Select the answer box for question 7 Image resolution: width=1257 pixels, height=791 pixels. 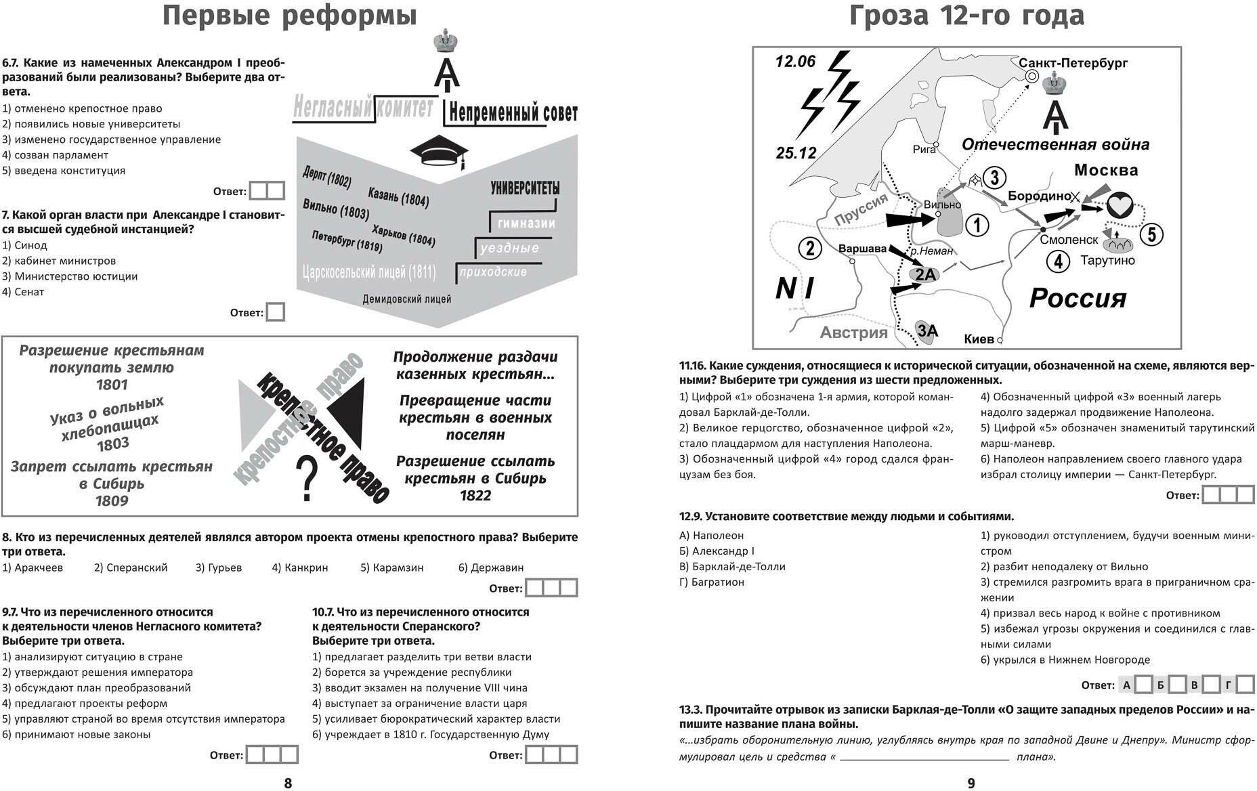click(276, 312)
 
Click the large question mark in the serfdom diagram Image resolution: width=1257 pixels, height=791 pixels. click(307, 479)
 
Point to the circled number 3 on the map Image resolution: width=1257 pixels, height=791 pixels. click(994, 177)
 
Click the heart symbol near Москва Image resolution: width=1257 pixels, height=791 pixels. click(1120, 205)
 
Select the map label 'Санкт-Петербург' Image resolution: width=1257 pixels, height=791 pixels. click(1073, 63)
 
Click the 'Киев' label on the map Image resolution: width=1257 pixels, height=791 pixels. click(979, 339)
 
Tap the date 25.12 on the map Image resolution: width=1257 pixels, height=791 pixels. click(796, 153)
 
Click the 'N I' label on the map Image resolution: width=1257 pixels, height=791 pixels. click(794, 288)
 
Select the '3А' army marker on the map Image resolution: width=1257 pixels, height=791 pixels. click(926, 330)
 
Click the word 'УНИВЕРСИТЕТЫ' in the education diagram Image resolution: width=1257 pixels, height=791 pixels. click(525, 188)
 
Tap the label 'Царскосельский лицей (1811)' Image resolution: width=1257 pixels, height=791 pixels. click(369, 273)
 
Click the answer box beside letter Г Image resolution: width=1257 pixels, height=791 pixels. click(1245, 685)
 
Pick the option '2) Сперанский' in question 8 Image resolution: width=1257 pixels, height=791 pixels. click(131, 568)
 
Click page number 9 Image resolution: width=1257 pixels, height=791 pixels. click(971, 783)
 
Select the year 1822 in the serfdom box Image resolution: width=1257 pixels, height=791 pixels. click(475, 495)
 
